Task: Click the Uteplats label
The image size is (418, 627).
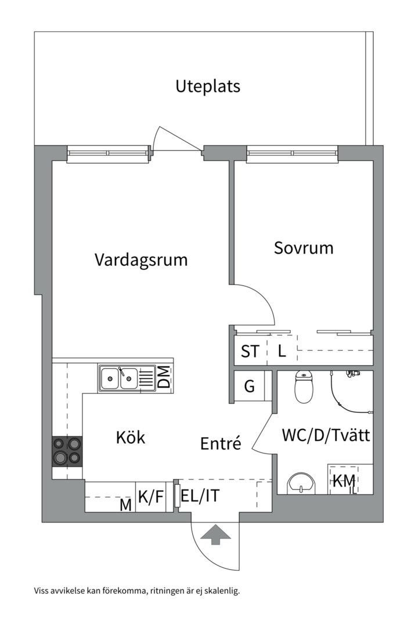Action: (x=208, y=87)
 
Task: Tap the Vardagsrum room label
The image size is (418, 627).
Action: (x=141, y=260)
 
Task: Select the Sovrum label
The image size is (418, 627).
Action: (x=304, y=248)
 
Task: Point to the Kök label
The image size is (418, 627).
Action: (x=131, y=437)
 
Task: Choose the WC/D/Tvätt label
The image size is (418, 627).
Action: (x=326, y=435)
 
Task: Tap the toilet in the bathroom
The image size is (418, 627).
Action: (x=304, y=388)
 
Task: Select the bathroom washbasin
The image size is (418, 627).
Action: (x=301, y=482)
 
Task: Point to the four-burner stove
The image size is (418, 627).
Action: (x=67, y=451)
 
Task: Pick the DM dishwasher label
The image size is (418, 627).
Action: (x=165, y=378)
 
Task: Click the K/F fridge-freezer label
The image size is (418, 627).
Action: (x=151, y=497)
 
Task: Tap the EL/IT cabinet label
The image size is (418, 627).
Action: (x=200, y=496)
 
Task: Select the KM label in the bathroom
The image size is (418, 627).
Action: (x=343, y=481)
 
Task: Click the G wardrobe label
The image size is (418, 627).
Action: (x=249, y=387)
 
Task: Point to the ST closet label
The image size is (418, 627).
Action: (x=250, y=351)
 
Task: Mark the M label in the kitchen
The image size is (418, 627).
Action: (x=125, y=505)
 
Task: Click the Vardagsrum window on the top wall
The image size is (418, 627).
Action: (x=108, y=153)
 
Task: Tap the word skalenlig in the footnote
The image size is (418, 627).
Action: (x=219, y=592)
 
